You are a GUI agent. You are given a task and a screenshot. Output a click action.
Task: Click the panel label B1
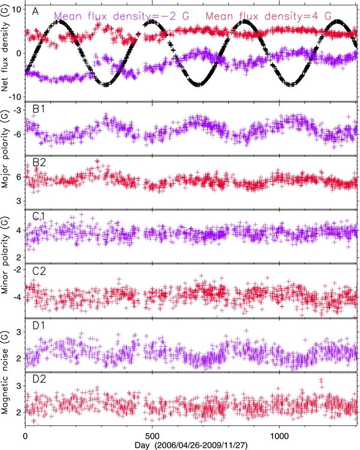pyautogui.click(x=38, y=111)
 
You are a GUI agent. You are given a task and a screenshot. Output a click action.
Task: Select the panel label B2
pyautogui.click(x=38, y=164)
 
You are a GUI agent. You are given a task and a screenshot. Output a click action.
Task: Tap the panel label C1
pyautogui.click(x=38, y=217)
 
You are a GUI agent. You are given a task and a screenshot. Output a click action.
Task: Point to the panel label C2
pyautogui.click(x=38, y=269)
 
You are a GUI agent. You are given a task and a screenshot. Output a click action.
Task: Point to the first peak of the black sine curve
pyautogui.click(x=59, y=22)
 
